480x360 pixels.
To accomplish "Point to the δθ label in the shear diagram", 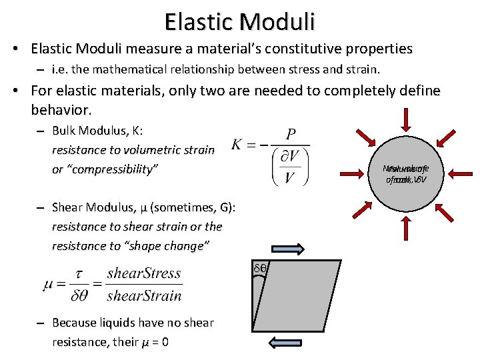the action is [260, 268].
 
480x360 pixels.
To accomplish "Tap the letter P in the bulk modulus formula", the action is [291, 135].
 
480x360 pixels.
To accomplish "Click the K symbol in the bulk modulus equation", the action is [237, 144].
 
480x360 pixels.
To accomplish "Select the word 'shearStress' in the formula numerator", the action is [144, 272].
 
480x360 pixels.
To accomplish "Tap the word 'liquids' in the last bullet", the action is [125, 323].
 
